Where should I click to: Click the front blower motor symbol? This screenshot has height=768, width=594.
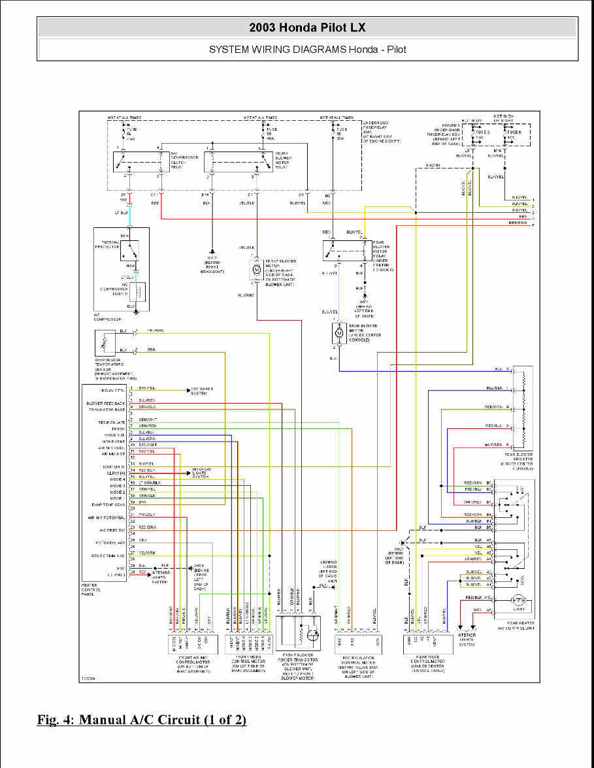click(x=256, y=269)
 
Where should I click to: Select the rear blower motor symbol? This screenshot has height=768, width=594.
click(x=339, y=333)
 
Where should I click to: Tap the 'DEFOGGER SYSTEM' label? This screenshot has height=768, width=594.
click(x=201, y=391)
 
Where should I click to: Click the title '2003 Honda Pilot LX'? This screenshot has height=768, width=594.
click(x=307, y=27)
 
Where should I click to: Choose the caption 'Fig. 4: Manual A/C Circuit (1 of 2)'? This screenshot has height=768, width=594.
click(x=142, y=720)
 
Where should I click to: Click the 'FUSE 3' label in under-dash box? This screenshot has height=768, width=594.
click(x=482, y=132)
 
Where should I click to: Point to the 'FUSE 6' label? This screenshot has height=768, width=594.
click(x=514, y=132)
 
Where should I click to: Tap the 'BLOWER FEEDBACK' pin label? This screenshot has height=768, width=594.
click(x=105, y=403)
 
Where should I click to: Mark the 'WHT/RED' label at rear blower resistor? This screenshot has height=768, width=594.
click(x=493, y=444)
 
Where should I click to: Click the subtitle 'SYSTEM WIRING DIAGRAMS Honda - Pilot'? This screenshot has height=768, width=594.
click(x=307, y=49)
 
